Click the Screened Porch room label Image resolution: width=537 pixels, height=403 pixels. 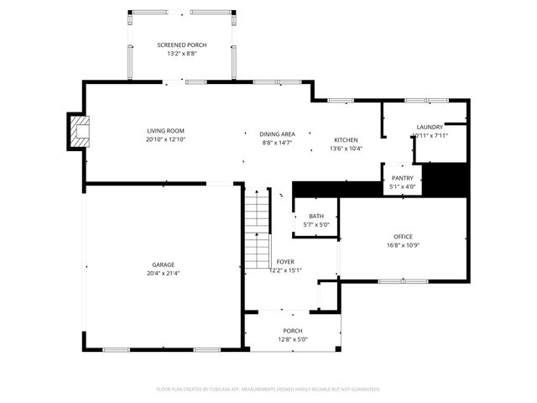(x=181, y=44)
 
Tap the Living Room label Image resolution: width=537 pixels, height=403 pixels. (x=165, y=130)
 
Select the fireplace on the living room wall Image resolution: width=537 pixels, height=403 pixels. (x=80, y=132)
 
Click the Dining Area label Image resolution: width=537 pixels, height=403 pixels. (x=276, y=134)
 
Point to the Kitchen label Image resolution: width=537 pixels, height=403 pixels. (x=346, y=139)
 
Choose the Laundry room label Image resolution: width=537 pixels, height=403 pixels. (x=430, y=128)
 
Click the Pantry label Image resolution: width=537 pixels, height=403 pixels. (x=399, y=179)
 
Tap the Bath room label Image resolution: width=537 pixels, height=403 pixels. (x=315, y=216)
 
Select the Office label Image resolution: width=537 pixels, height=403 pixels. (x=403, y=236)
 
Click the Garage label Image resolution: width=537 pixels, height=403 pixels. (x=163, y=264)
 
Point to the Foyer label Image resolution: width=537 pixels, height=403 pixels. (x=285, y=263)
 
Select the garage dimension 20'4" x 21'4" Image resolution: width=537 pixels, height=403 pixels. (x=163, y=273)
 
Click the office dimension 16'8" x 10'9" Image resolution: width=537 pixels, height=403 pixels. (x=403, y=245)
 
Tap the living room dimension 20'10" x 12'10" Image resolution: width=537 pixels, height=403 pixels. (x=165, y=139)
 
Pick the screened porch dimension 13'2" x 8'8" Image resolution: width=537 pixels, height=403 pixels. (x=181, y=54)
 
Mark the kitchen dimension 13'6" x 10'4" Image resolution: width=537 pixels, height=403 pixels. (x=346, y=149)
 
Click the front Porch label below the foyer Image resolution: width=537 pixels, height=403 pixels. (x=292, y=331)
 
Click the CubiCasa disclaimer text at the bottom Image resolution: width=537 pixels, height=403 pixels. (x=268, y=389)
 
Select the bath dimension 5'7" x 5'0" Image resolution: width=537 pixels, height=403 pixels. (x=315, y=224)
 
